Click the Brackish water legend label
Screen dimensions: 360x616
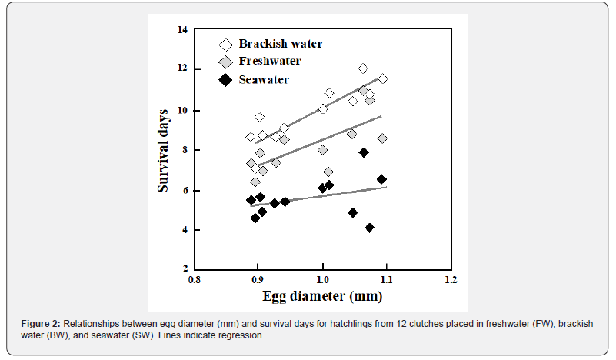280,44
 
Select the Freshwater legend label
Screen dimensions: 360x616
269,62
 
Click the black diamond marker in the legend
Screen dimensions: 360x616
225,79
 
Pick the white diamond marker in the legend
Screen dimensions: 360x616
225,45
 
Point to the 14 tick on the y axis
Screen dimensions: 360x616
182,30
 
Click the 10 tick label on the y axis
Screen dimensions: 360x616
182,110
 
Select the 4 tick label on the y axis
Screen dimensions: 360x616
184,230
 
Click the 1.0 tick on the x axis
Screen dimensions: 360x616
322,278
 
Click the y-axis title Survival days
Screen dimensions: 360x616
165,150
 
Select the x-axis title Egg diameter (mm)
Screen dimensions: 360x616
322,295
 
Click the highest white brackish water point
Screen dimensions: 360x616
363,68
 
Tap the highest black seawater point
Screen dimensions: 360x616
364,153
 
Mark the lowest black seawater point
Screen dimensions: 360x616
370,228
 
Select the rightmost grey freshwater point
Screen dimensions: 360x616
382,138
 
